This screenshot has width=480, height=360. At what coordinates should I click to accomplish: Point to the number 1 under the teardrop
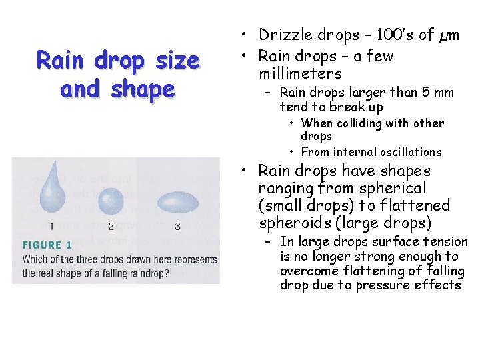coord(51,227)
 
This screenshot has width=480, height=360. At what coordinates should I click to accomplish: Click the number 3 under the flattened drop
coord(177,227)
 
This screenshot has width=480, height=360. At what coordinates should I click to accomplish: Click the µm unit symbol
coord(447,35)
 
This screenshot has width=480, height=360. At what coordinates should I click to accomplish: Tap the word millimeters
coord(301,73)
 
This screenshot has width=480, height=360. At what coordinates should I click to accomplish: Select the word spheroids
coord(291,223)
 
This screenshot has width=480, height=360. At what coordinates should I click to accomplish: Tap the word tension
coord(444,242)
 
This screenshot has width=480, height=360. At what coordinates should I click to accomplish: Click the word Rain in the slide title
coord(60,61)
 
